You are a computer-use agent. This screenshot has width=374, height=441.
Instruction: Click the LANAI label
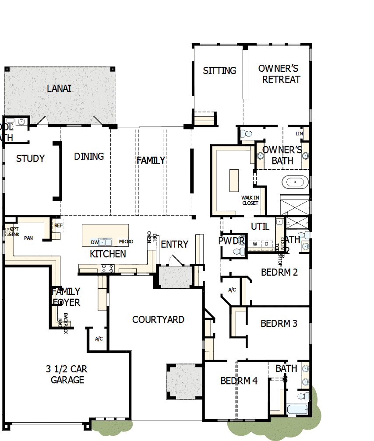(x=59, y=89)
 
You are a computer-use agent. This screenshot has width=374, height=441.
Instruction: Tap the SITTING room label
(x=219, y=70)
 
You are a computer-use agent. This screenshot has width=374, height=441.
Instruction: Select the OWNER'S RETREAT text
(x=279, y=74)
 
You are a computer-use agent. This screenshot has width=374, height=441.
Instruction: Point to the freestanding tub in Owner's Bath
(x=294, y=182)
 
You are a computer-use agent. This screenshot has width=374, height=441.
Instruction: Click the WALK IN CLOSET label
(x=250, y=200)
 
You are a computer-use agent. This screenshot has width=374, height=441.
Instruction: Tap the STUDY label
(x=30, y=158)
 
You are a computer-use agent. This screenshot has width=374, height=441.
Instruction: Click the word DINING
(x=89, y=156)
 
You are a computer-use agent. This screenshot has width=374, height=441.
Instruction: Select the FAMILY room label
(x=151, y=160)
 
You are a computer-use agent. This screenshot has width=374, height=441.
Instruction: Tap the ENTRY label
(x=174, y=244)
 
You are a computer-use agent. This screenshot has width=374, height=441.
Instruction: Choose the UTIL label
(x=260, y=227)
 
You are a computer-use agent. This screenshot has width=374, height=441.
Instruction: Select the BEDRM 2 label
(x=279, y=272)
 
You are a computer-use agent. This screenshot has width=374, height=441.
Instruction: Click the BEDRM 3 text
(x=279, y=324)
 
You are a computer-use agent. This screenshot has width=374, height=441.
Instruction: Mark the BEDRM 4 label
(x=239, y=381)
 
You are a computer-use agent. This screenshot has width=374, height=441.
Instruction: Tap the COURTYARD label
(x=158, y=320)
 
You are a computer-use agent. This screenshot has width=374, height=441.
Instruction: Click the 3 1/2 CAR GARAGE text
(x=67, y=374)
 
